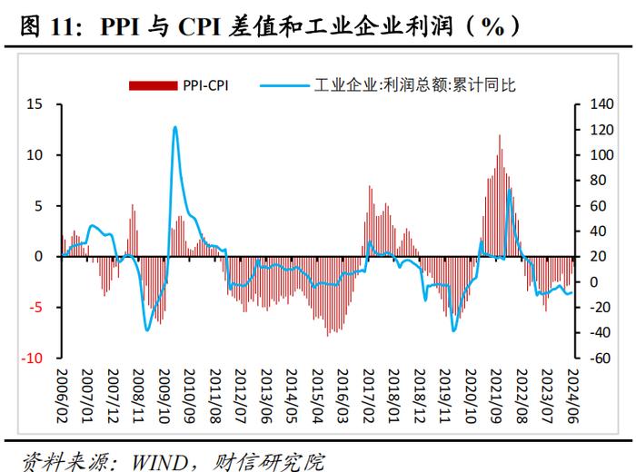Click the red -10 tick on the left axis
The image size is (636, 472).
(x=34, y=359)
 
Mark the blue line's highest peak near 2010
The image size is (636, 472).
(x=174, y=127)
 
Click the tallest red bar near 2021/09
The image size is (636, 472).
(x=499, y=135)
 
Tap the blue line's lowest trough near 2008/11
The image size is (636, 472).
(x=147, y=329)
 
